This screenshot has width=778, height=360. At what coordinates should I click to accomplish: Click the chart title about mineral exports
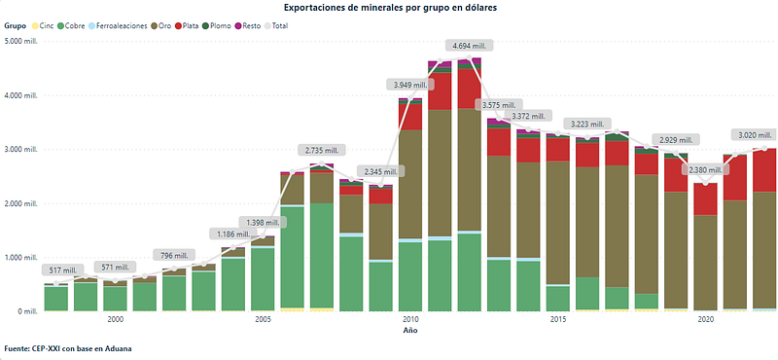pos(389,8)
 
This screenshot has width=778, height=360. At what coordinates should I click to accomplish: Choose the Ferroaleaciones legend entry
pos(118,25)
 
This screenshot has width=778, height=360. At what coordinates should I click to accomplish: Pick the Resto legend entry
pos(248,25)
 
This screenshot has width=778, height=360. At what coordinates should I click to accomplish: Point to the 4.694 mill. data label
pos(469,46)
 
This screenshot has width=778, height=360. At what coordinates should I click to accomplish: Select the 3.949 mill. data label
pos(410,85)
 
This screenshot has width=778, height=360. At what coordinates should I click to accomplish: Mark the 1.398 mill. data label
pos(263,222)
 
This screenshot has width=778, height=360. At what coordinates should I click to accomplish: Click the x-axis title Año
pos(409,331)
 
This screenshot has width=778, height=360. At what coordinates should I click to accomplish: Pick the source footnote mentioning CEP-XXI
pos(67,348)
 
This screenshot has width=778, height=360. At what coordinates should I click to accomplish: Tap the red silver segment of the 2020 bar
pos(706,199)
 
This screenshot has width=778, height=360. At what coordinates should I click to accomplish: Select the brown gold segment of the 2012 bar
pos(469,169)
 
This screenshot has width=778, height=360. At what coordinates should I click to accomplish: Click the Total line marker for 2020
pos(706,183)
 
